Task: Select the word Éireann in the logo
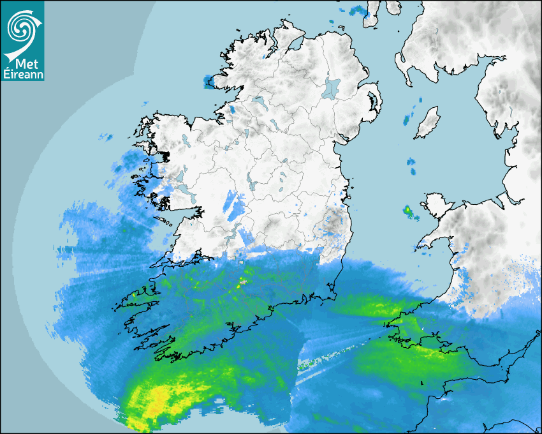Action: [22, 75]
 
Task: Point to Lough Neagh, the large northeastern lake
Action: [332, 87]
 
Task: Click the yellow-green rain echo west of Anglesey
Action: [407, 209]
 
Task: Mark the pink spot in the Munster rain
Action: [242, 280]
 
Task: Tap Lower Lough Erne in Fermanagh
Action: [258, 101]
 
